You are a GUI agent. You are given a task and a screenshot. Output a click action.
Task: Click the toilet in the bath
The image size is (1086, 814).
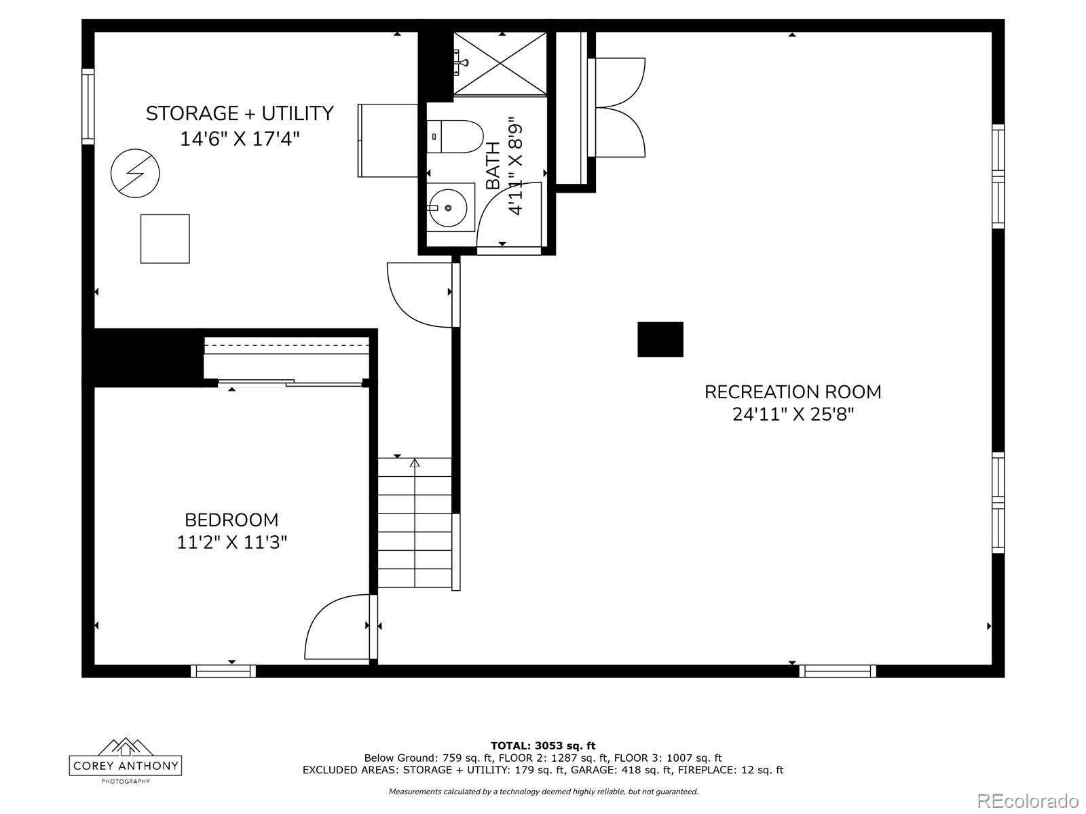455,136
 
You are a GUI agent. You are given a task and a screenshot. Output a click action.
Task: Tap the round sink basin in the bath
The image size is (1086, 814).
448,208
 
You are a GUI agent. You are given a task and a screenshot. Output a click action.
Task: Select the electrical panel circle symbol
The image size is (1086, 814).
135,174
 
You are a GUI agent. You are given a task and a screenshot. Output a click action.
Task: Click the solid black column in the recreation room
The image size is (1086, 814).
660,339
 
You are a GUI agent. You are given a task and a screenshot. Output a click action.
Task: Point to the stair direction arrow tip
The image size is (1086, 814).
415,460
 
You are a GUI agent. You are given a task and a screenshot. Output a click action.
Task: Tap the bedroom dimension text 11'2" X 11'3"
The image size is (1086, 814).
232,543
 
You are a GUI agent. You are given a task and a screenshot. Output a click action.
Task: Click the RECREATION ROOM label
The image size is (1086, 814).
793,392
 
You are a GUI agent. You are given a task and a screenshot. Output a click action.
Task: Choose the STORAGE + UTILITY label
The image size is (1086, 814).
240,113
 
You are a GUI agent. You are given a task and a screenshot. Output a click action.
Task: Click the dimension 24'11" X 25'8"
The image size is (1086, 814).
793,414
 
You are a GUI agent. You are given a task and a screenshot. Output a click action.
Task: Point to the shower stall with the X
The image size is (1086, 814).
500,63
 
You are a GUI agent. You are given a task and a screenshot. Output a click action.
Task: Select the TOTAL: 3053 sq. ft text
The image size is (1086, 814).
543,745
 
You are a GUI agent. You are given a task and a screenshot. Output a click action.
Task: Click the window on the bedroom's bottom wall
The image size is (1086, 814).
223,671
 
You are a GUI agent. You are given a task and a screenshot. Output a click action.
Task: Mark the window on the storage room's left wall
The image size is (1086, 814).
88,106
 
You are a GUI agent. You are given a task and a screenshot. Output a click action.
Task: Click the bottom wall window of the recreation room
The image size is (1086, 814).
837,671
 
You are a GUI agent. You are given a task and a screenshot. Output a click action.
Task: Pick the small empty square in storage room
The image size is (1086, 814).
165,239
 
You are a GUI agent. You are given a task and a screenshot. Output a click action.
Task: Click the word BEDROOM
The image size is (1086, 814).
231,520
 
